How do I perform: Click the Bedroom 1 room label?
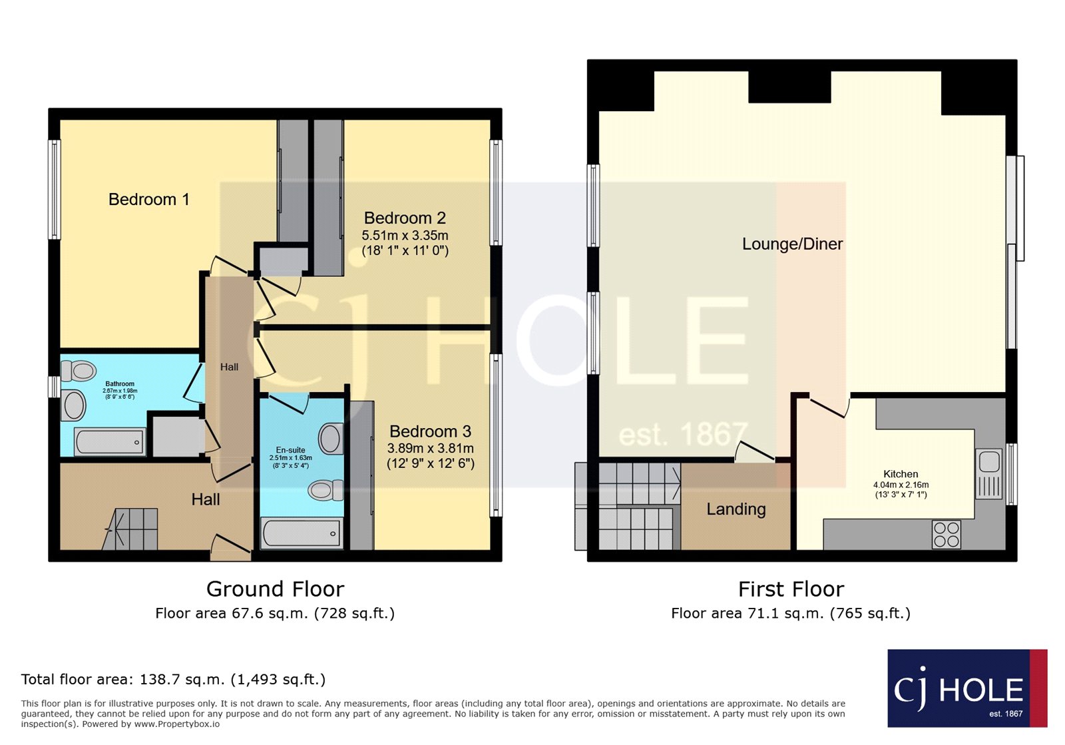pyautogui.click(x=148, y=199)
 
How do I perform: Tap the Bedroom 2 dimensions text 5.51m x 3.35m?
pyautogui.click(x=405, y=236)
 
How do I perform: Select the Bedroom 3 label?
pyautogui.click(x=430, y=431)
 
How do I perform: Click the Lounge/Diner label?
pyautogui.click(x=792, y=244)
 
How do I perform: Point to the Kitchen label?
pyautogui.click(x=901, y=474)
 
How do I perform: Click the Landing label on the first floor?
pyautogui.click(x=736, y=509)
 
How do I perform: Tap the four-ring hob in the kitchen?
pyautogui.click(x=947, y=535)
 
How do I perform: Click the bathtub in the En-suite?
pyautogui.click(x=302, y=533)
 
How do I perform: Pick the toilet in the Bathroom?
pyautogui.click(x=79, y=370)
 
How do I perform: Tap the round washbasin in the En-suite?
pyautogui.click(x=331, y=438)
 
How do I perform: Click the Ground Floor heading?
pyautogui.click(x=275, y=589)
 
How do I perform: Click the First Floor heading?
pyautogui.click(x=791, y=589)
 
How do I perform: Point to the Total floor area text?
pyautogui.click(x=173, y=679)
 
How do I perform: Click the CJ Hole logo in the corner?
pyautogui.click(x=966, y=688)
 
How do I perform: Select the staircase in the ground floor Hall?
pyautogui.click(x=133, y=529)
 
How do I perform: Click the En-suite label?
pyautogui.click(x=290, y=450)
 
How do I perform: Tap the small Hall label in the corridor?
pyautogui.click(x=229, y=367)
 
